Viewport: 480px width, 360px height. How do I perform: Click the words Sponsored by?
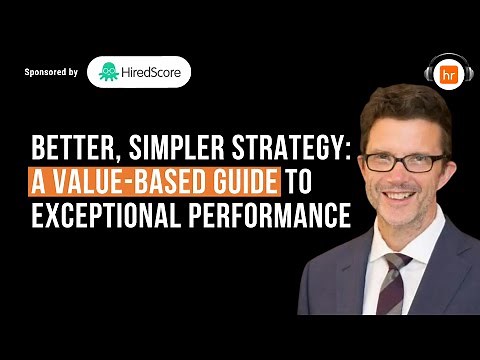point(51,73)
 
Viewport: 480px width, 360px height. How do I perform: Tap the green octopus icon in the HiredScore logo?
point(109,72)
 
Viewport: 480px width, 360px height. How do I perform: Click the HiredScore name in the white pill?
point(152,72)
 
